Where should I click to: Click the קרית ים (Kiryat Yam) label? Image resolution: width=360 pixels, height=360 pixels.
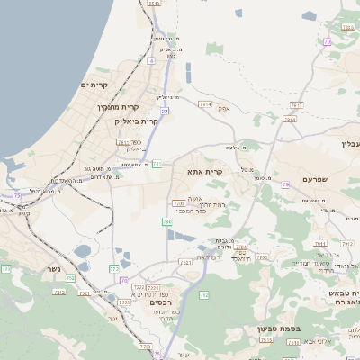click(x=94, y=85)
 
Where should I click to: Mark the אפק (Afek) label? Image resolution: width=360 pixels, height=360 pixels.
click(x=224, y=109)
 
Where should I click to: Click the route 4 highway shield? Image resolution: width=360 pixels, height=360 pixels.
click(x=151, y=60)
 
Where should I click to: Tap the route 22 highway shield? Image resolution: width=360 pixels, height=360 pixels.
click(x=164, y=111)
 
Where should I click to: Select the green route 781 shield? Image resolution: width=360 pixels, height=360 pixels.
click(x=157, y=164)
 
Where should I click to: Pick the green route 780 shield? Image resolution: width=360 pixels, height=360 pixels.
click(x=166, y=221)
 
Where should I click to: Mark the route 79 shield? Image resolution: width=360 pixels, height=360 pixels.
click(x=284, y=184)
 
